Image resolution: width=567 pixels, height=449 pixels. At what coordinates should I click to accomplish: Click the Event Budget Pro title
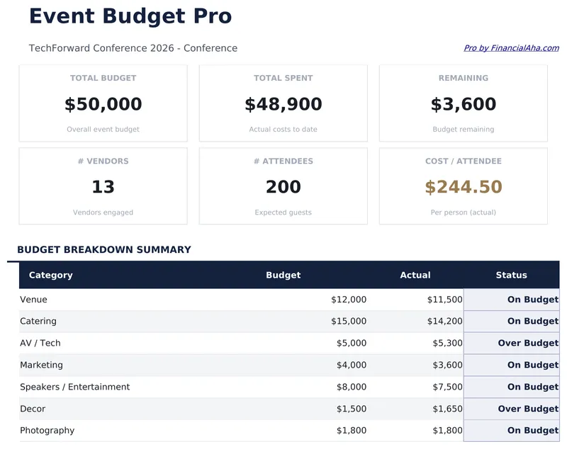130,16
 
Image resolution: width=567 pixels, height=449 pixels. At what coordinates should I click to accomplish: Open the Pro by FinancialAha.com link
511,48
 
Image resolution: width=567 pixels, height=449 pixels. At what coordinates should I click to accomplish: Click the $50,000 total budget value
103,104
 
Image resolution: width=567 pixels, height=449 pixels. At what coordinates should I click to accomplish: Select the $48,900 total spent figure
283,104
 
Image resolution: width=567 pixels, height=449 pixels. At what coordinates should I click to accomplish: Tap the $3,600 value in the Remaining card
463,104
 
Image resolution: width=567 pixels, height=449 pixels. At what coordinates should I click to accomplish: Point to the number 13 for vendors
103,187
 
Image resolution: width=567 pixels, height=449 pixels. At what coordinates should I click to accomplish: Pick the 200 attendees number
283,187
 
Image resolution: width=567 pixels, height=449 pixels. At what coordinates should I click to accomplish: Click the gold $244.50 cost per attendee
463,187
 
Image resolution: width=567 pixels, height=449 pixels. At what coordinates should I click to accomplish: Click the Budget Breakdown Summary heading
104,249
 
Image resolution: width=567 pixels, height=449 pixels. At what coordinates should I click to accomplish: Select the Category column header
50,275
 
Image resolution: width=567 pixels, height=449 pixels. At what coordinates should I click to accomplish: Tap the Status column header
511,275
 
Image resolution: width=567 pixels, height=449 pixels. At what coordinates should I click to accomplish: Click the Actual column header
415,275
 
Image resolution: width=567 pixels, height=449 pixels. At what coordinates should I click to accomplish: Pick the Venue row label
33,300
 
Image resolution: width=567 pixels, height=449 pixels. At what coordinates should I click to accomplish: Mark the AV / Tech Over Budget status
528,343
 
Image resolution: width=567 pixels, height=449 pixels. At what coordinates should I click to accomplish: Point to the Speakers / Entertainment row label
74,387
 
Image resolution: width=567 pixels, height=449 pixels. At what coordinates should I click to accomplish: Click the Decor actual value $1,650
447,409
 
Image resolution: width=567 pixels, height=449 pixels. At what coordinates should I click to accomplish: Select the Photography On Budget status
532,430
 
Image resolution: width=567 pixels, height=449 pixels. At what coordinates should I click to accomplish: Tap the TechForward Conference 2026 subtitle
133,48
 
